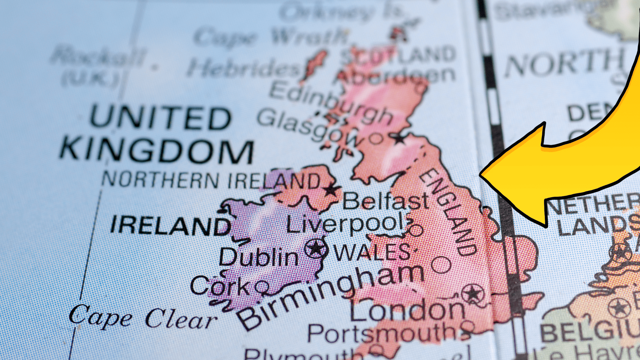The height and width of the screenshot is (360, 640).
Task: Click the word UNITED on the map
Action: point(160,118)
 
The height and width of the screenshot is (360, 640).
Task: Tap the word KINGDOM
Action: point(157,151)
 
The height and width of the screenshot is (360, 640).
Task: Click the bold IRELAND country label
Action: point(171,225)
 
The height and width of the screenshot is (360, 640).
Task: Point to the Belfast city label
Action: point(386,201)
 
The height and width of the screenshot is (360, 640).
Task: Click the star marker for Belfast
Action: point(331,190)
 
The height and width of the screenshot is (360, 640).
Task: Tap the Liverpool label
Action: point(347,224)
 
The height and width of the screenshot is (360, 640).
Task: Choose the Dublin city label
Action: point(259,258)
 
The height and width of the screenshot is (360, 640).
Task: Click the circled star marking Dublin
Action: point(315,248)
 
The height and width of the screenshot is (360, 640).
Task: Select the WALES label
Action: point(372,253)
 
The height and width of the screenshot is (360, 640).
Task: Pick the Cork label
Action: point(220,286)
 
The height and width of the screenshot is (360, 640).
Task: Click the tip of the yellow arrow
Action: point(480,174)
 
